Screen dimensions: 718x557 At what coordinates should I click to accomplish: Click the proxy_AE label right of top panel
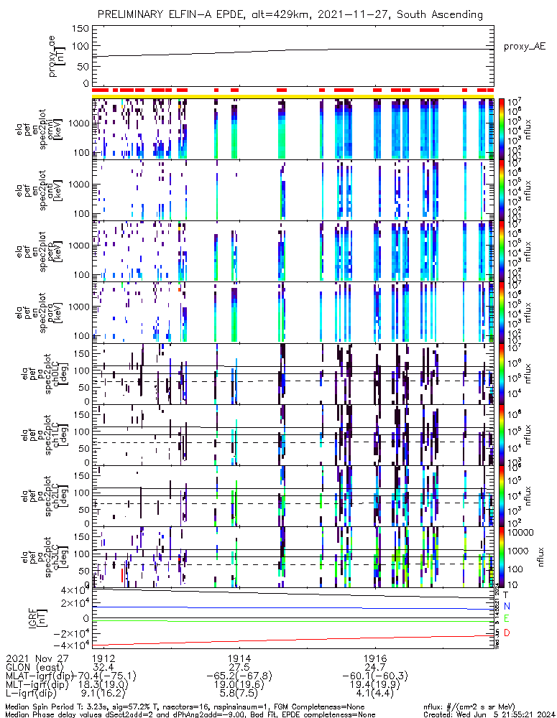click(524, 46)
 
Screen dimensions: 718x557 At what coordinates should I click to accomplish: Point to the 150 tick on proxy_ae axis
click(80, 28)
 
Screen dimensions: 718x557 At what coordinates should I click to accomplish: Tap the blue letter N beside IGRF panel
click(506, 607)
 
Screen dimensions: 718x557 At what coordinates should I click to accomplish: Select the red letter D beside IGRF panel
click(506, 633)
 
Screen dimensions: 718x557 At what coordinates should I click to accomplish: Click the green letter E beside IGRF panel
click(506, 620)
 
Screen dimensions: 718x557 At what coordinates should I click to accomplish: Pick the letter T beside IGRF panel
click(506, 595)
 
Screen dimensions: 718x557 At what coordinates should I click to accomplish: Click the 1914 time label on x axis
click(239, 658)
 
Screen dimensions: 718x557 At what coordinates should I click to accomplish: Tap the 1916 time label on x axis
click(375, 658)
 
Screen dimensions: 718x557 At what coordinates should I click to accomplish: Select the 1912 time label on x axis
click(103, 658)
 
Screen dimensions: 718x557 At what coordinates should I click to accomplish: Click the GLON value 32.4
click(103, 667)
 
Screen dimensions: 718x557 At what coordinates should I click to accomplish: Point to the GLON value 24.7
click(375, 667)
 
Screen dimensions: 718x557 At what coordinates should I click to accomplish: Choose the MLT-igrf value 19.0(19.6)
click(239, 685)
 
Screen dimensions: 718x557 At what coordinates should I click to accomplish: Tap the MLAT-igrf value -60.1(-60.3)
click(375, 676)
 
